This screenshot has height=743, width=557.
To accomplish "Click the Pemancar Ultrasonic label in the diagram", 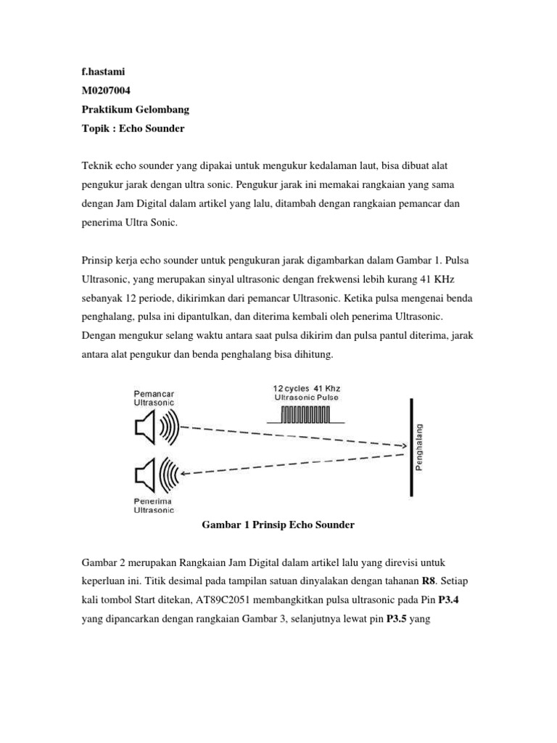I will pyautogui.click(x=154, y=397).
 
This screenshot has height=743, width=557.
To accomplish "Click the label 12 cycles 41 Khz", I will pyautogui.click(x=306, y=389).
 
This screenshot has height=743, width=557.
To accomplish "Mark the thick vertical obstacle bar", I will pyautogui.click(x=411, y=448).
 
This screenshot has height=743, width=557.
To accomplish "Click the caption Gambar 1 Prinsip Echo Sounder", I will pyautogui.click(x=276, y=525).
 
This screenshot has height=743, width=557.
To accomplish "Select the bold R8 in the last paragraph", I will pyautogui.click(x=429, y=581).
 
